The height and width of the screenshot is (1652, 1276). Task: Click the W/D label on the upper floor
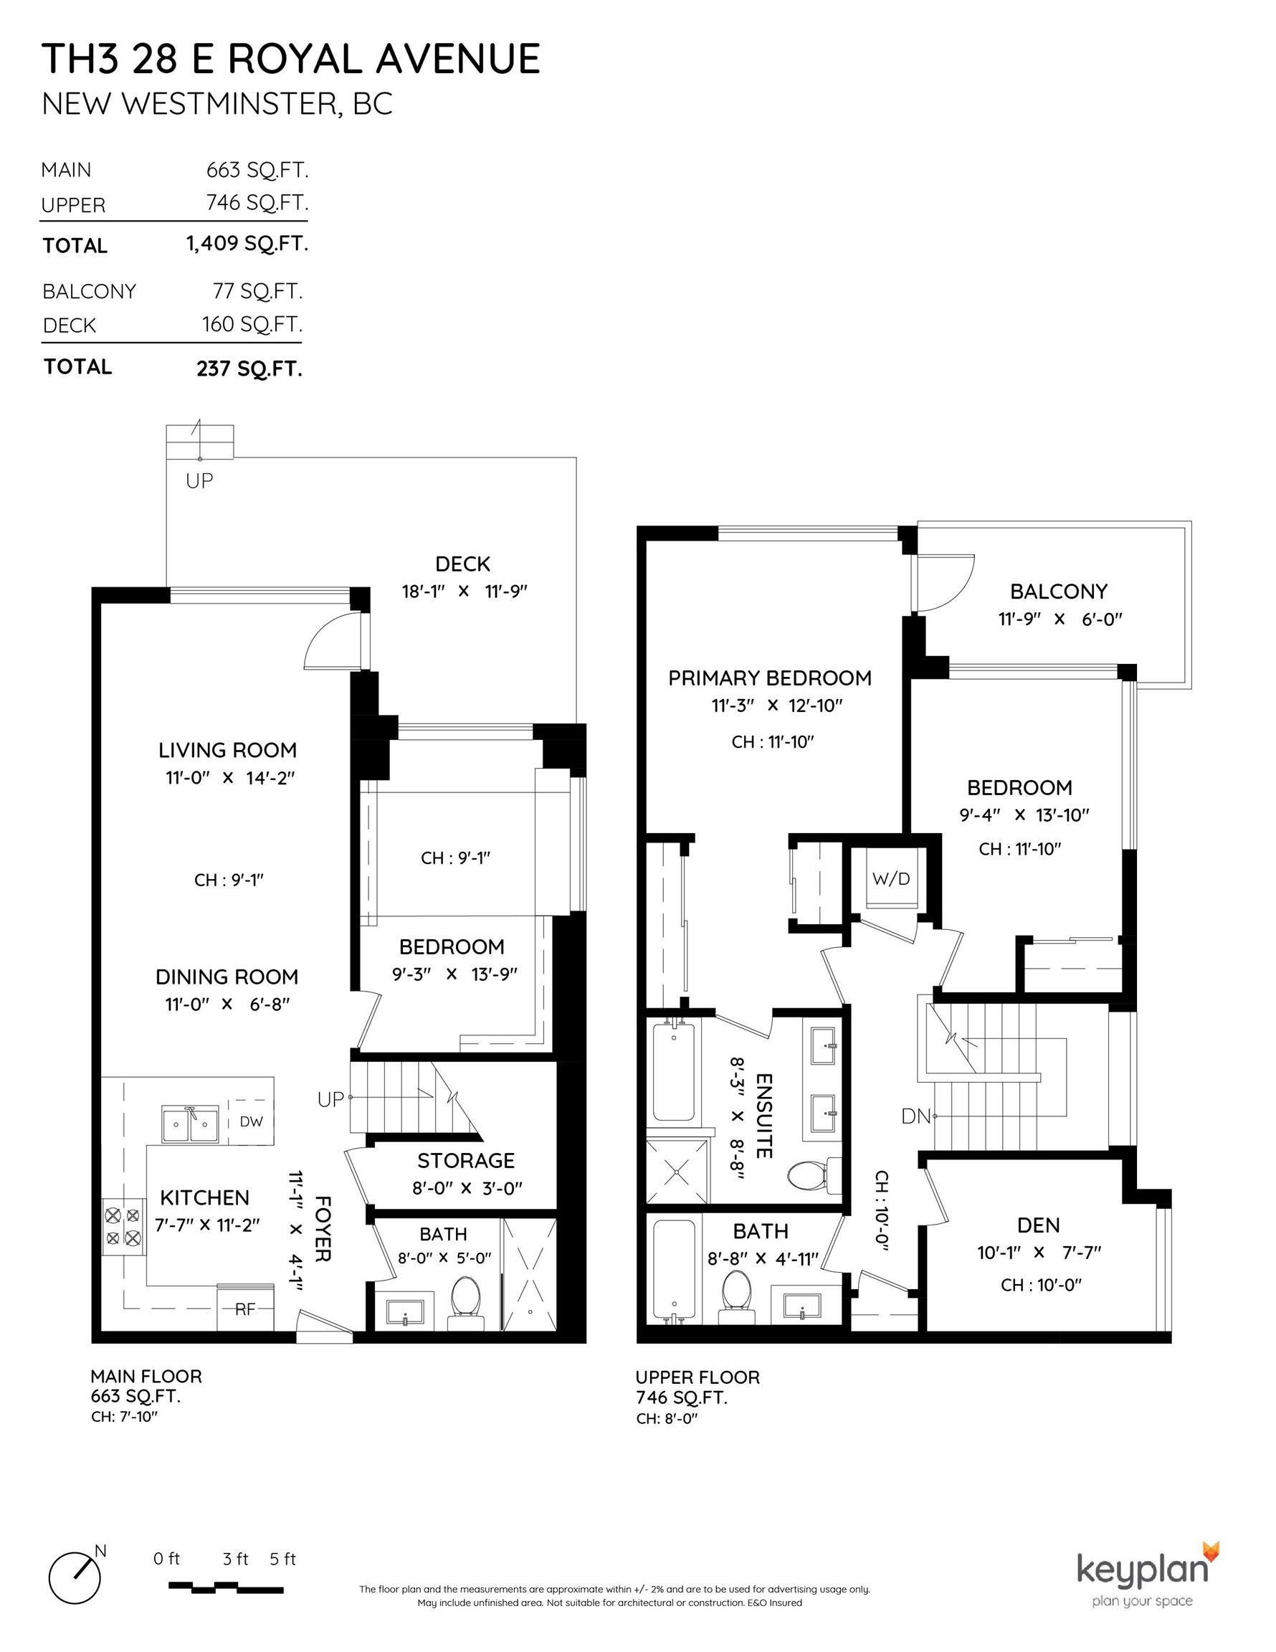(891, 878)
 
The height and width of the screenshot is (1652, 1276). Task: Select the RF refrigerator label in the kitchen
(244, 1309)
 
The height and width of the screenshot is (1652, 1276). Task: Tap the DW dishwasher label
(251, 1121)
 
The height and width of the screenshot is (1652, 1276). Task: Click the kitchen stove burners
(123, 1227)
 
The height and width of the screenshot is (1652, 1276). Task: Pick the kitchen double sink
(190, 1124)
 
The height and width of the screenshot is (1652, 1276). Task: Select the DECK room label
(463, 564)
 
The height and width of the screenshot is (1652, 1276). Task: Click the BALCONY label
(1059, 591)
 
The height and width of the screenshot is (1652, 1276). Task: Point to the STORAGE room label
(466, 1160)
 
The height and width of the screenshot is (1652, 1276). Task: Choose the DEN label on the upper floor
(1039, 1225)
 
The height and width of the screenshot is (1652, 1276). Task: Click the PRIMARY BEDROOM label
(770, 678)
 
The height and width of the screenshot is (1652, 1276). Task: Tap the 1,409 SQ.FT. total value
(247, 244)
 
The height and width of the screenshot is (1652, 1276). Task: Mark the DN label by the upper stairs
(915, 1116)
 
